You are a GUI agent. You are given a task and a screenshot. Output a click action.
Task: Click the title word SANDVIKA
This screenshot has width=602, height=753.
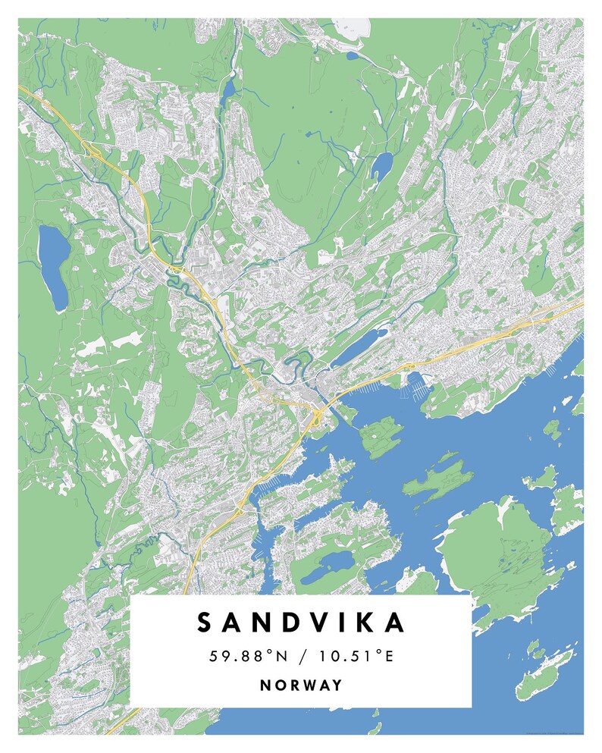coord(301,623)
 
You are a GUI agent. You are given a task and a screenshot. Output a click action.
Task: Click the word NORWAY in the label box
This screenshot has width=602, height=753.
coord(301,686)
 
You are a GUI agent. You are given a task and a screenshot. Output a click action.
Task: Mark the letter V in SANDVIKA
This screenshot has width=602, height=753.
coord(306,623)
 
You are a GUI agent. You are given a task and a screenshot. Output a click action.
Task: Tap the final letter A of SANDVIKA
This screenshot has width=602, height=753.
coord(396,623)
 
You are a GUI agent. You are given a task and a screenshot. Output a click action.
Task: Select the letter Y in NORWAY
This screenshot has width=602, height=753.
coord(337,686)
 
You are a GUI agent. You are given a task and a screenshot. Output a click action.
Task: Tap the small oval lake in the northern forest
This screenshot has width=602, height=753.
coord(381,163)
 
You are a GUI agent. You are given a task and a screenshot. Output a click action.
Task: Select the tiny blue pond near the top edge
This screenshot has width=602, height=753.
coord(353,55)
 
